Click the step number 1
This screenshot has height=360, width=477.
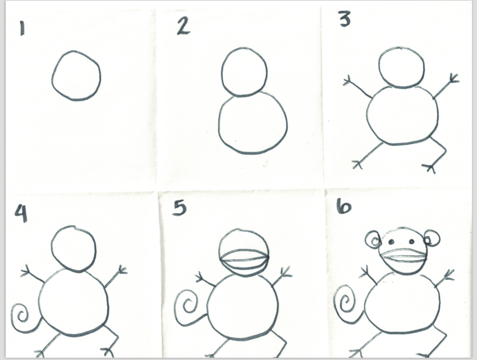[21, 28]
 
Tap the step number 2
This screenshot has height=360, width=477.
[184, 27]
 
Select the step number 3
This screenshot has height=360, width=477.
[345, 19]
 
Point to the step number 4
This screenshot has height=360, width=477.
[21, 213]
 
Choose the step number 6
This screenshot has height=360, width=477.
[344, 206]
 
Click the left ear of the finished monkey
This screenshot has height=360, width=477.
[366, 239]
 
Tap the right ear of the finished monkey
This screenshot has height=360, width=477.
[439, 238]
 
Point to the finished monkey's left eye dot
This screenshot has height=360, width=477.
[391, 242]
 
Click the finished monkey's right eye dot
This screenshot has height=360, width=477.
[411, 242]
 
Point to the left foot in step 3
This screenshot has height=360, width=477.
[358, 164]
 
